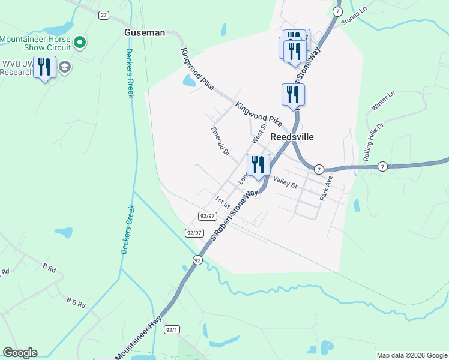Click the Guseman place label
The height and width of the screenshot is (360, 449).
(144, 32)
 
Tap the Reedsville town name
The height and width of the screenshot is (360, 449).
(292, 136)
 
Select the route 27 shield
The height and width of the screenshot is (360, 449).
(104, 15)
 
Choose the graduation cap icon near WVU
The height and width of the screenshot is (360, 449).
(65, 67)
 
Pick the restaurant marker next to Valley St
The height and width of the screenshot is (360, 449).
(258, 165)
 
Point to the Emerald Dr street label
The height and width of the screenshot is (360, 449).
(220, 140)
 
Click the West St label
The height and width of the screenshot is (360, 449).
(259, 134)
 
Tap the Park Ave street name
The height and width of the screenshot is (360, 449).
(325, 188)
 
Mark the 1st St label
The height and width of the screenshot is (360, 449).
(223, 202)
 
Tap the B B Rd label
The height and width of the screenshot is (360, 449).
(76, 304)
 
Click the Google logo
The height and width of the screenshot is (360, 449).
(20, 353)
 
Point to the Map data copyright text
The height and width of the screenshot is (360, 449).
(412, 355)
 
